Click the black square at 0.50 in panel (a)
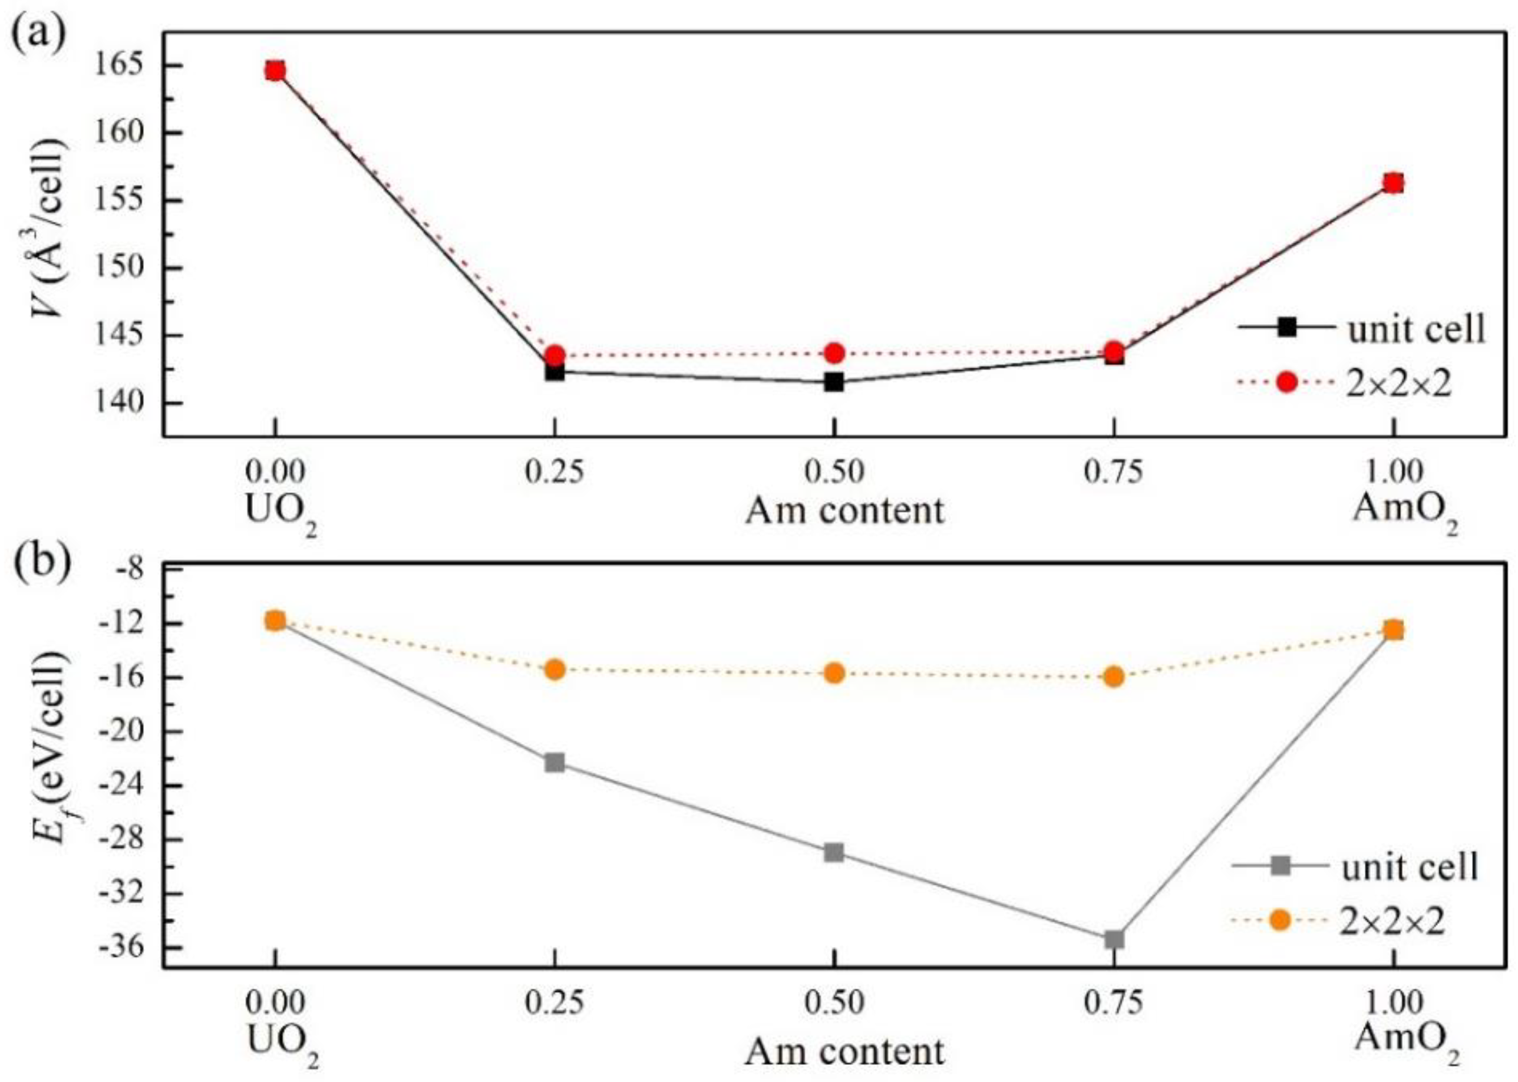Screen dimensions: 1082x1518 [833, 382]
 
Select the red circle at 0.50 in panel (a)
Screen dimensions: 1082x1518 [833, 352]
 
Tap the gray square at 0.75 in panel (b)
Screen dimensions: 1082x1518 [1114, 939]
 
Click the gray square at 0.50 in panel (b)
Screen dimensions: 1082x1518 [833, 852]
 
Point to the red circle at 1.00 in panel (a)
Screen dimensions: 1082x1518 [1392, 183]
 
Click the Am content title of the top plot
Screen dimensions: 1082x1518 [844, 511]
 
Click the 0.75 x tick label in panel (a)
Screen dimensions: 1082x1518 [1114, 471]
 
